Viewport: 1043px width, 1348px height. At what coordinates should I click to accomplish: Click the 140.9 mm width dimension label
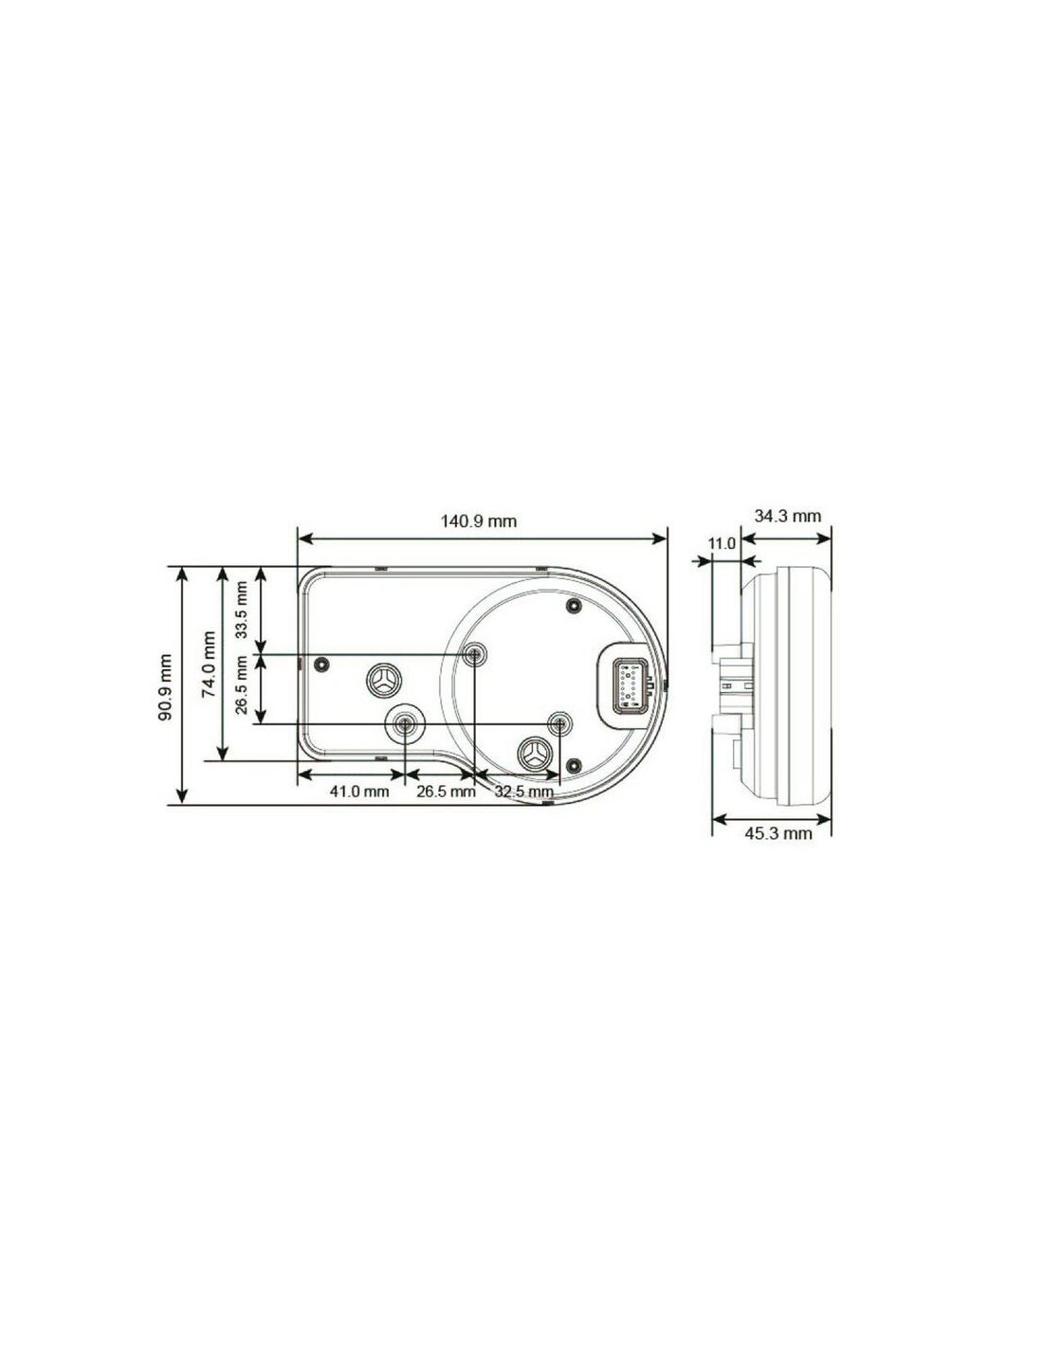point(479,520)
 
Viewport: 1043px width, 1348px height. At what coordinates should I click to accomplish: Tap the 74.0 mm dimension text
point(210,665)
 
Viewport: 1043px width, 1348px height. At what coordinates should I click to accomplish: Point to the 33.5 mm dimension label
point(241,610)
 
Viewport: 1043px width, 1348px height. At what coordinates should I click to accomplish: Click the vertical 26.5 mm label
point(241,685)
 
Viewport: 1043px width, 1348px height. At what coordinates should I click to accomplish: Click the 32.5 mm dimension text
point(524,792)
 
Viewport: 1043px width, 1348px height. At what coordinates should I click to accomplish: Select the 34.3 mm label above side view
point(787,516)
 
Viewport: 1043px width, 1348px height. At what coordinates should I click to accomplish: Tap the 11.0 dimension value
point(722,544)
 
